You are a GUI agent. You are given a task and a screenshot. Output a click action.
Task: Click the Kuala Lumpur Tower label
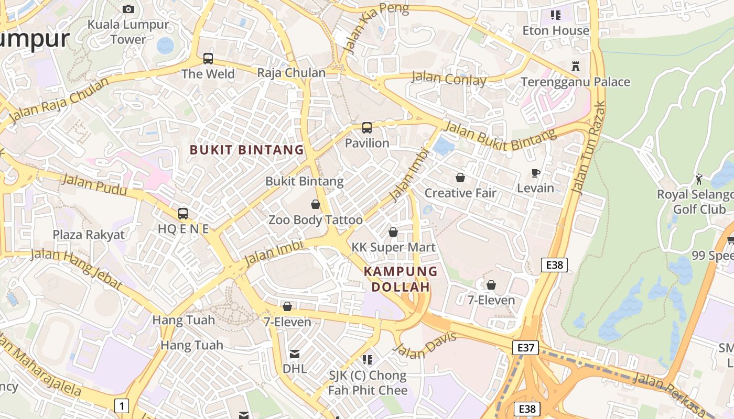(x=128, y=31)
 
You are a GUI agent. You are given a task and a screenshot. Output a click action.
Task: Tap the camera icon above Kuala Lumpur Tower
(x=128, y=9)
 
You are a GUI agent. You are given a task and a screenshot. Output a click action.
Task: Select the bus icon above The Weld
(x=208, y=58)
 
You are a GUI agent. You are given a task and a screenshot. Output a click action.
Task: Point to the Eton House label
(x=556, y=30)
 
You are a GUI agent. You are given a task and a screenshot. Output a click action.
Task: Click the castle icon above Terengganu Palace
(x=576, y=66)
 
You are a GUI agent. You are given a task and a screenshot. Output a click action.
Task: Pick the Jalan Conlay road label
(x=449, y=79)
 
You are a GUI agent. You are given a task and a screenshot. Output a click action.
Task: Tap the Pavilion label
(x=367, y=143)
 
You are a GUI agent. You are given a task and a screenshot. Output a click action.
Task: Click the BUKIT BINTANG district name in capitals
(x=247, y=150)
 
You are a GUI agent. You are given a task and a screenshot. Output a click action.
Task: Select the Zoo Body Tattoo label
(x=316, y=220)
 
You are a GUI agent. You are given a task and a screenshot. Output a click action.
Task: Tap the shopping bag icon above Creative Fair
(x=460, y=178)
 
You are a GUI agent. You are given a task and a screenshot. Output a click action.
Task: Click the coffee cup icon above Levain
(x=535, y=173)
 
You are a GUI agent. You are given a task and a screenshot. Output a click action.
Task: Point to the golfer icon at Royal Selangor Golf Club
(x=699, y=179)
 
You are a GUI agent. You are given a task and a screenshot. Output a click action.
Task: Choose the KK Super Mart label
(x=393, y=247)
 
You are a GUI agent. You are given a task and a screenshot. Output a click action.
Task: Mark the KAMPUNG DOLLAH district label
(x=401, y=279)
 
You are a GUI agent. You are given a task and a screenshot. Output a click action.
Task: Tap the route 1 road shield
(x=122, y=405)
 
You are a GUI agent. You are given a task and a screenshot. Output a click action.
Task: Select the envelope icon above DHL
(x=294, y=355)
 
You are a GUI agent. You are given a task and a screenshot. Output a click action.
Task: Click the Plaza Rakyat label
(x=89, y=235)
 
